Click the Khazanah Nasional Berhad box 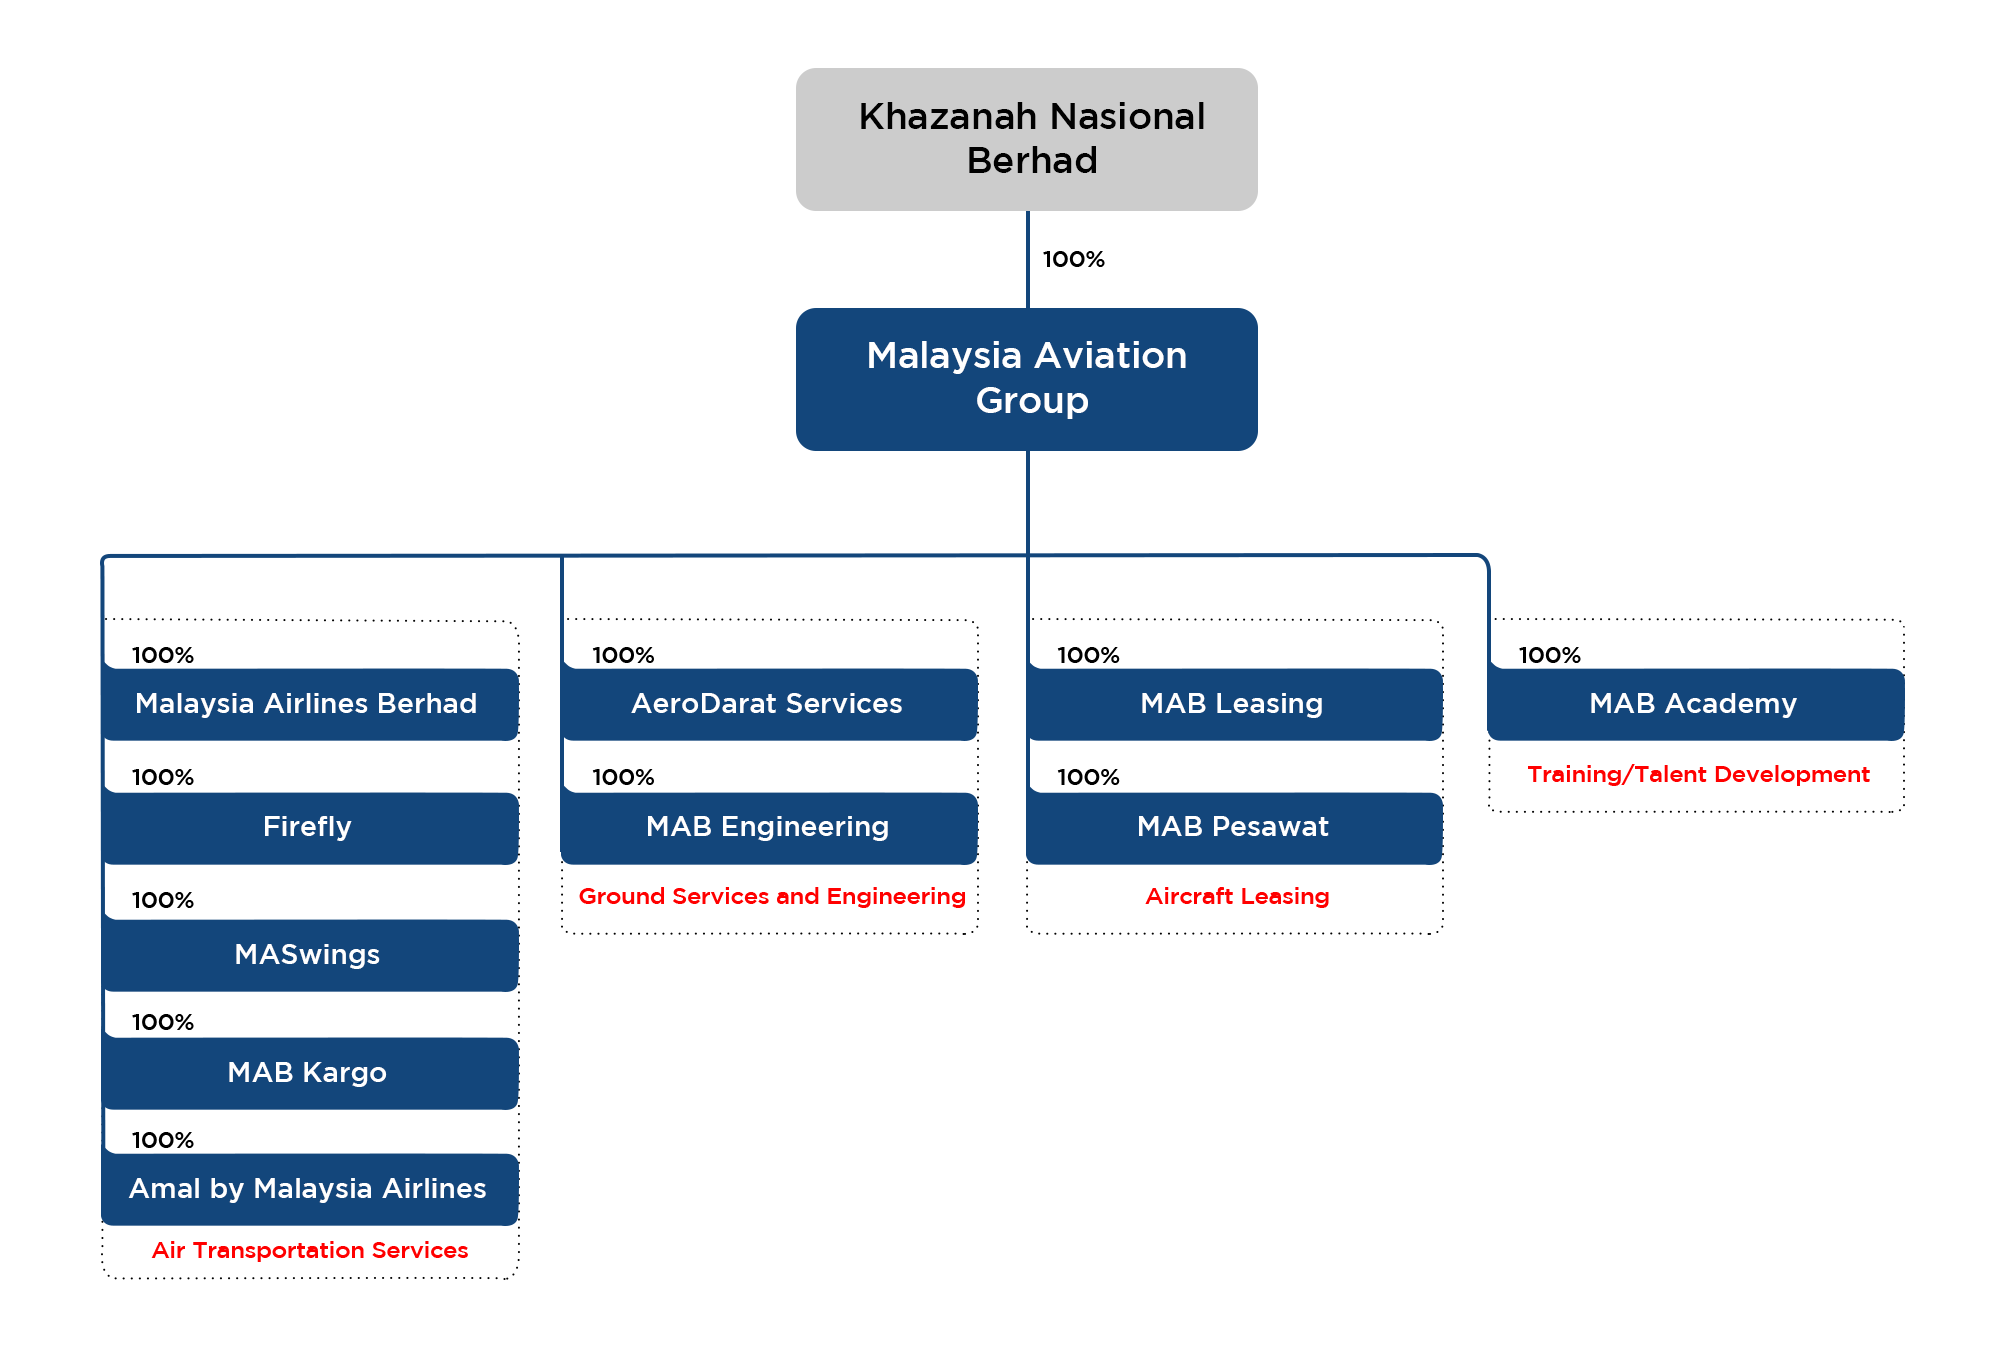[1027, 139]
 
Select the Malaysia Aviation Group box [1027, 379]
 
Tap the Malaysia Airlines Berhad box [310, 704]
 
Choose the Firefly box [310, 828]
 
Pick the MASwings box [310, 955]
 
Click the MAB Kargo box [310, 1073]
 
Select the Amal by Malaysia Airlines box [310, 1189]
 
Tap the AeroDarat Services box [769, 704]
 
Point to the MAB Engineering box [769, 828]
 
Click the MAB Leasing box [1234, 704]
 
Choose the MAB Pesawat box [1234, 828]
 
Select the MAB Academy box [1696, 704]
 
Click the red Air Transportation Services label [310, 1250]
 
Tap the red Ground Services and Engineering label [772, 896]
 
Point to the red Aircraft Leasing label [1237, 896]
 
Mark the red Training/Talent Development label [1698, 774]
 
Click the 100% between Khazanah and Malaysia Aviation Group [1074, 259]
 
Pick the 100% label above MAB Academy [1550, 655]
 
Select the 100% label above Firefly [163, 777]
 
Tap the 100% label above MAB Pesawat [1089, 777]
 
